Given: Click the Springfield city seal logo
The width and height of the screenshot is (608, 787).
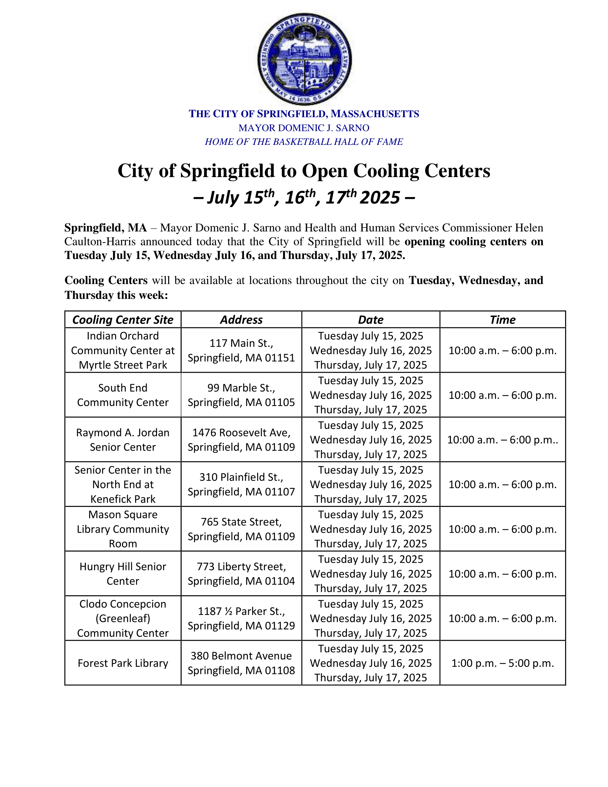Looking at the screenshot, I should click(x=304, y=59).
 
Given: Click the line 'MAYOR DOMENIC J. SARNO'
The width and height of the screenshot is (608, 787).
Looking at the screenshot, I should click(x=304, y=128).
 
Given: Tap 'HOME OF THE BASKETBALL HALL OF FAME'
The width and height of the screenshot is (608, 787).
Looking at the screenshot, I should click(x=304, y=142).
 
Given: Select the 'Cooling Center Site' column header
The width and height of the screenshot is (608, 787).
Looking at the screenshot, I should click(x=123, y=319).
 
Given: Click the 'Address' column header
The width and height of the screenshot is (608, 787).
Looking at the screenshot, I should click(x=241, y=319).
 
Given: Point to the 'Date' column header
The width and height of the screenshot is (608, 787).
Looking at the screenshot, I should click(x=371, y=319).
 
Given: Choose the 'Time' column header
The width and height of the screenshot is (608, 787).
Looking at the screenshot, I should click(x=502, y=319).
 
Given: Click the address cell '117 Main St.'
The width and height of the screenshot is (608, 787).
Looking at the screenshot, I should click(x=241, y=350).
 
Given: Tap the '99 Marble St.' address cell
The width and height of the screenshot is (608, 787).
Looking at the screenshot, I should click(x=241, y=395).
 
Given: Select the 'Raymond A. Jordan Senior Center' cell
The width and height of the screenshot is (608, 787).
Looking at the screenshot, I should click(x=123, y=440).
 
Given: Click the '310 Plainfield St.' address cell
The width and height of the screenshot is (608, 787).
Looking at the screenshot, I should click(x=241, y=484).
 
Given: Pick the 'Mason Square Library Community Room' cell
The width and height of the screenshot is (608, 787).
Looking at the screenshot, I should click(x=123, y=529).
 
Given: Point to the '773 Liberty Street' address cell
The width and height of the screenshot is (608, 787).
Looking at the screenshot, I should click(x=241, y=574).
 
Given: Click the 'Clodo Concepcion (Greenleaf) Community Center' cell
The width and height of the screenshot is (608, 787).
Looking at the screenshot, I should click(x=123, y=619).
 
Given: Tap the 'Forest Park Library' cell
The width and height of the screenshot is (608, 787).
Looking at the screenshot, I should click(x=123, y=663).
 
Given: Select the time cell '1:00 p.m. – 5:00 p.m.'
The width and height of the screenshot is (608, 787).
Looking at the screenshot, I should click(x=502, y=663).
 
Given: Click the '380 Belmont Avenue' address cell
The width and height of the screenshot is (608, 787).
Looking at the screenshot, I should click(x=241, y=663).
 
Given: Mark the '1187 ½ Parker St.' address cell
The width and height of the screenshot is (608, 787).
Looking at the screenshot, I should click(x=241, y=619).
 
